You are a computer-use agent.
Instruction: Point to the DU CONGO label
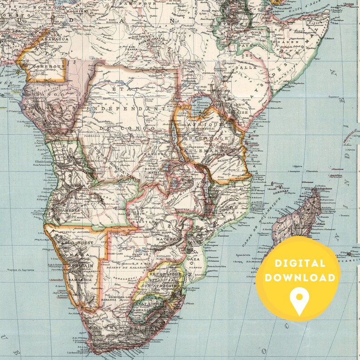click(x=130, y=129)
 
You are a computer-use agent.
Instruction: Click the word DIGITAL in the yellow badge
click(x=299, y=263)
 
